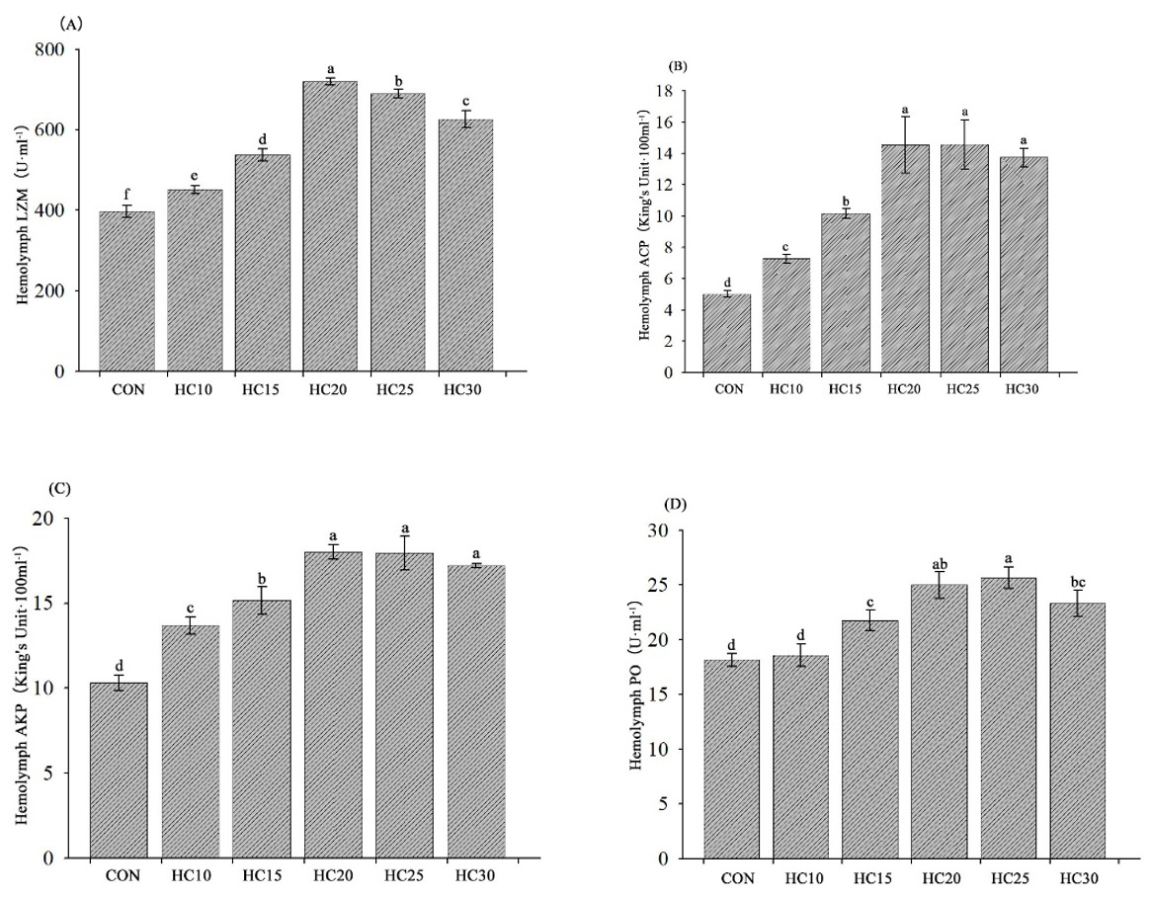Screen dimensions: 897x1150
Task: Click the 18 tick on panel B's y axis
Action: click(x=681, y=91)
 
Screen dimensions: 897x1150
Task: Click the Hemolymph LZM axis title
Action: click(x=23, y=210)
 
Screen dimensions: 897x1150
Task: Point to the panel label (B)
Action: click(x=679, y=66)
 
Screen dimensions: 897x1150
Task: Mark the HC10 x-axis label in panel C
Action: click(x=190, y=875)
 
